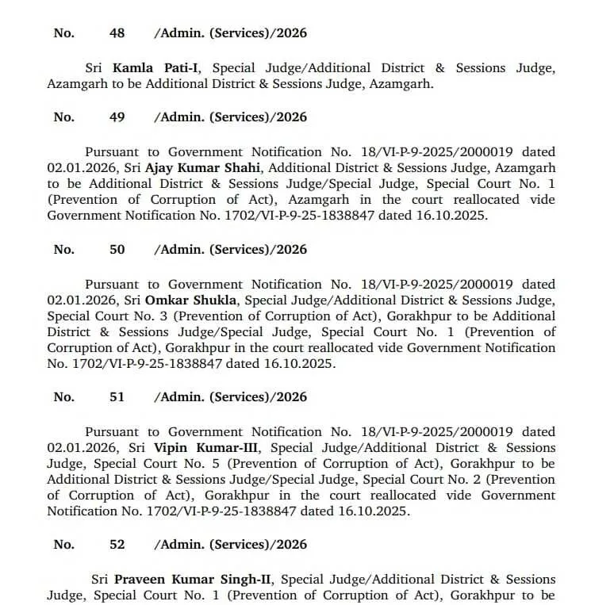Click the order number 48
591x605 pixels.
point(117,33)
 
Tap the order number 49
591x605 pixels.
point(117,117)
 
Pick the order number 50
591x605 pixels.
point(117,250)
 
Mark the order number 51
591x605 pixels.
point(117,397)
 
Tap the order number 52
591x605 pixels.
point(117,545)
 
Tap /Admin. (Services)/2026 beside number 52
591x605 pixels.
point(230,545)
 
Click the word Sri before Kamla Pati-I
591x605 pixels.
point(96,68)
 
